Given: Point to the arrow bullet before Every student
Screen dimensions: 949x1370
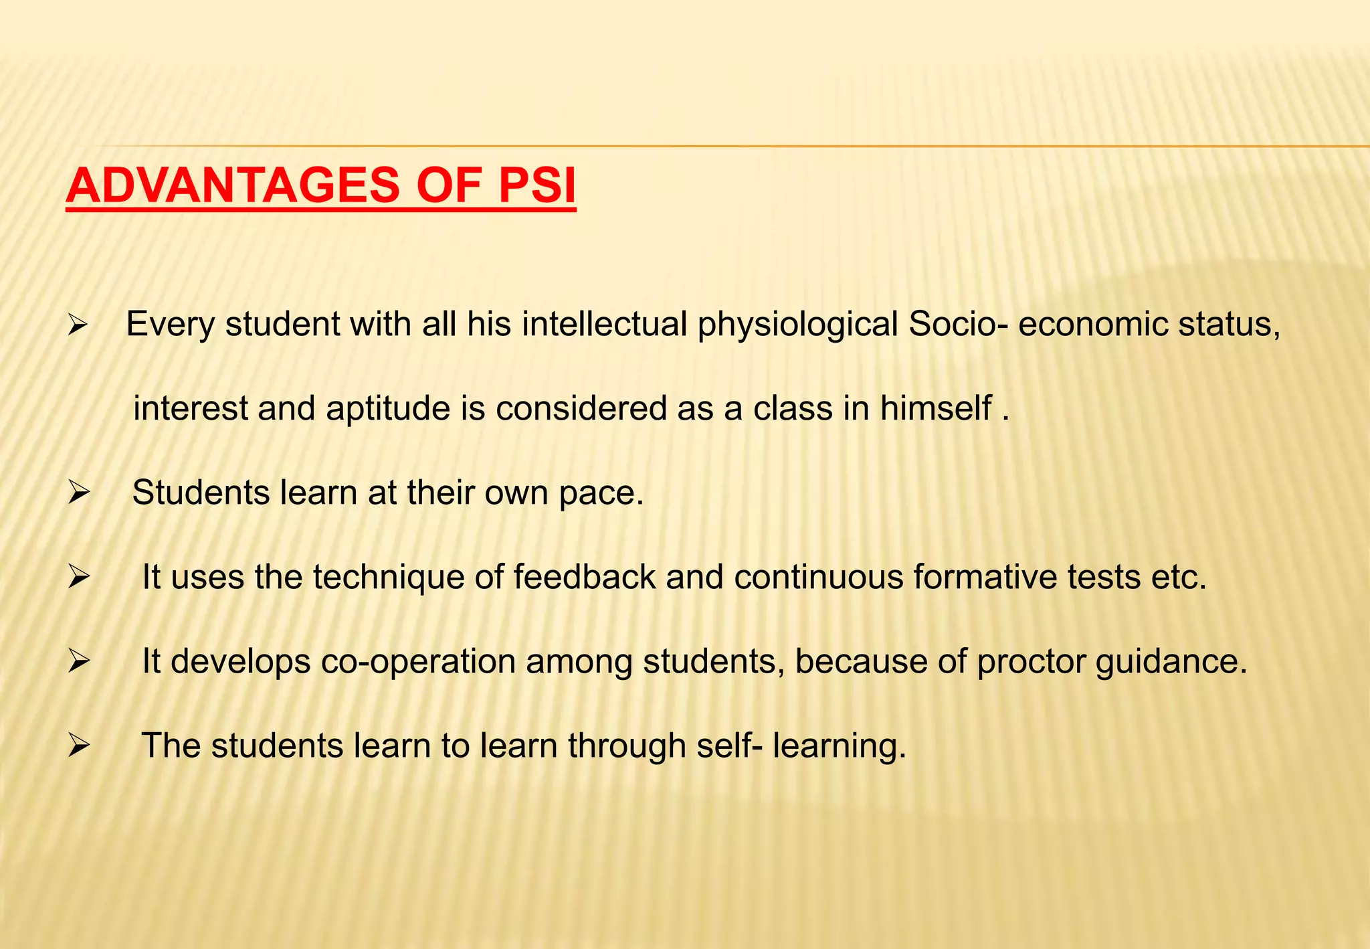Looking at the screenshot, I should (78, 327).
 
